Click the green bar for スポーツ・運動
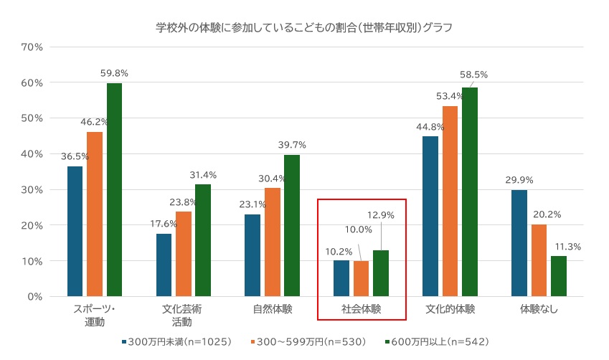(x=114, y=190)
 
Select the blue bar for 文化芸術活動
(x=164, y=265)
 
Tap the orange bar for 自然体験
(x=273, y=242)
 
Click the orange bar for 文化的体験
(x=450, y=201)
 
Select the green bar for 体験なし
(x=559, y=276)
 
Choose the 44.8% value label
(x=430, y=127)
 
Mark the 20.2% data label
(x=539, y=214)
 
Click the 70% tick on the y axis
(x=33, y=47)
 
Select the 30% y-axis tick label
(x=33, y=190)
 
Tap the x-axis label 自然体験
(x=273, y=310)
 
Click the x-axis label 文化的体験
(x=450, y=310)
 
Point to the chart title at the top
(x=304, y=28)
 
